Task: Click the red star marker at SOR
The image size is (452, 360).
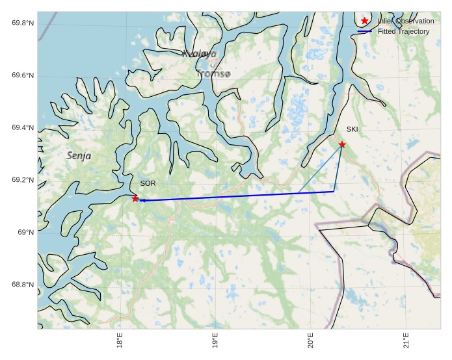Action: [135, 198]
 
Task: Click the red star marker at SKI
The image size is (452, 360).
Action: [342, 144]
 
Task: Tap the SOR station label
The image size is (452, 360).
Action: [148, 184]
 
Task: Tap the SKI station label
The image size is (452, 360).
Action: [352, 129]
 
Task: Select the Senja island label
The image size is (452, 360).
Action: [79, 156]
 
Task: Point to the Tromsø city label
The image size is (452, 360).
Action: [213, 74]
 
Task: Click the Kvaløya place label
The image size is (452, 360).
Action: [199, 55]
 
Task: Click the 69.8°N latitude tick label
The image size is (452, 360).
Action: [23, 23]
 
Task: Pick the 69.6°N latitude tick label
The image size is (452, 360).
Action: [23, 76]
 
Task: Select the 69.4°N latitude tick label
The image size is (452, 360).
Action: [23, 128]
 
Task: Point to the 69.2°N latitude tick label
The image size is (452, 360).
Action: [23, 181]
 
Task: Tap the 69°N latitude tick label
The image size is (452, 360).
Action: [25, 233]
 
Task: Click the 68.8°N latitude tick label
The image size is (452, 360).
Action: [23, 285]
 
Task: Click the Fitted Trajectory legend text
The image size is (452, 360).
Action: [403, 31]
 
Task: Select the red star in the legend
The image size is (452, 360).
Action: [365, 21]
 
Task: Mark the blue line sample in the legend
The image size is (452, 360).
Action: [365, 31]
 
